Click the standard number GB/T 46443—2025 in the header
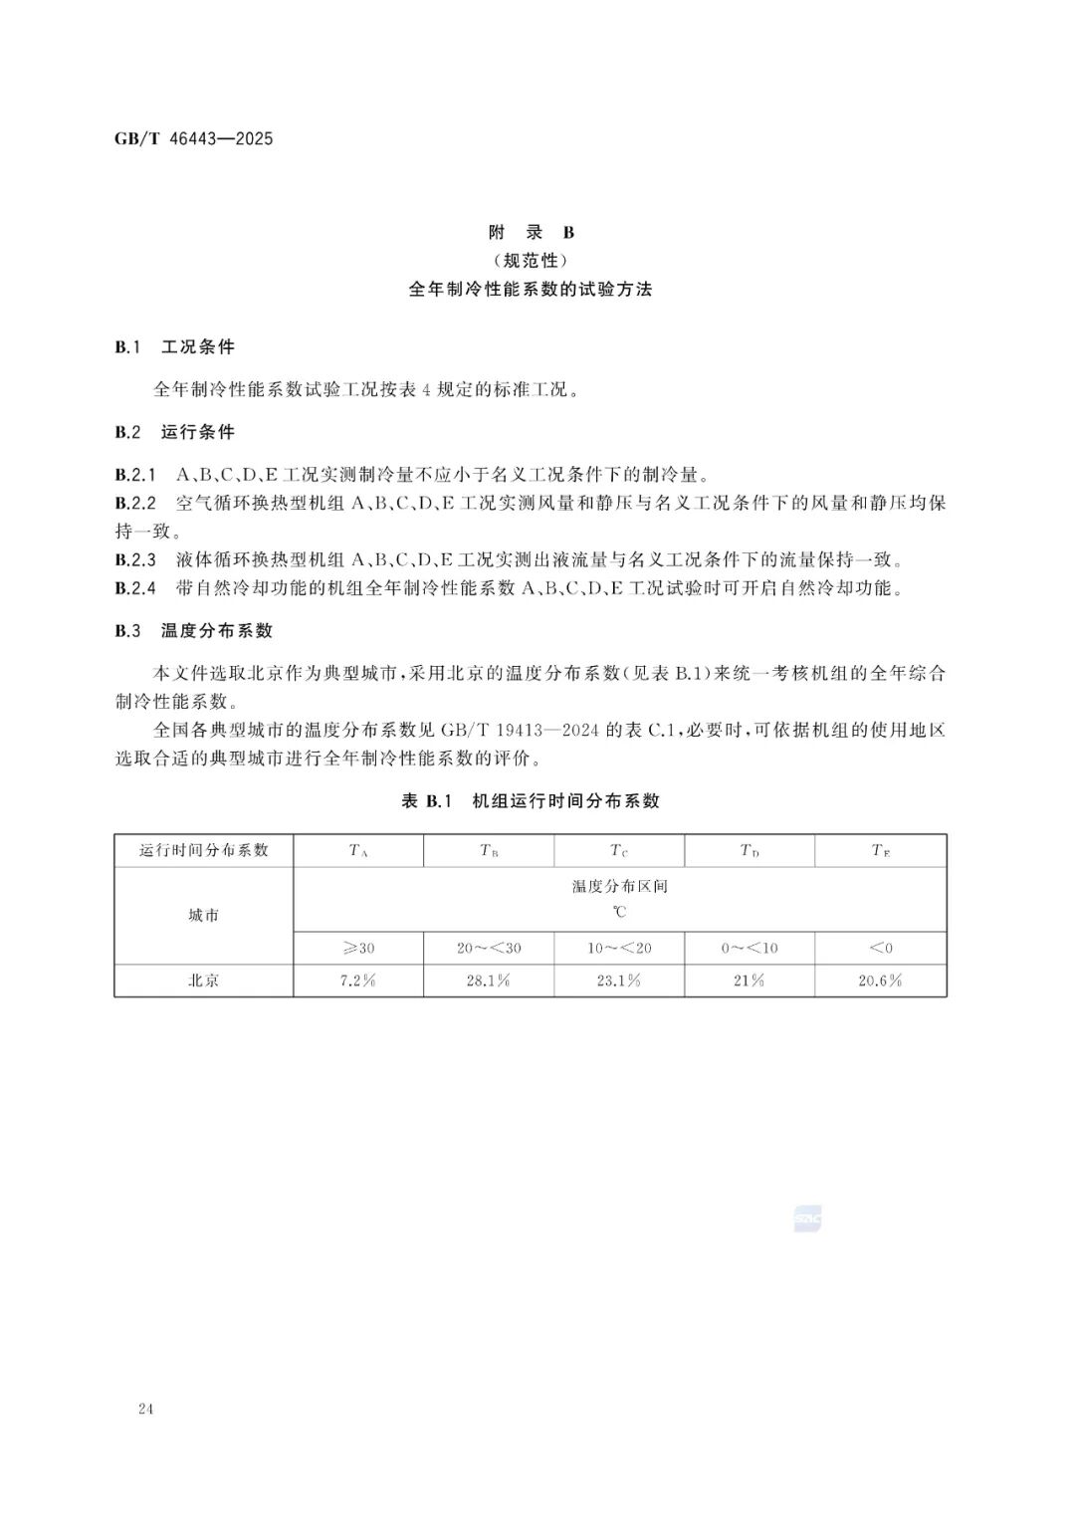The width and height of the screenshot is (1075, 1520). pos(193,138)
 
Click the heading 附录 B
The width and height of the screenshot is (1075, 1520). pos(531,233)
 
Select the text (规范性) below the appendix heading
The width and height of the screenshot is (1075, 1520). pos(531,261)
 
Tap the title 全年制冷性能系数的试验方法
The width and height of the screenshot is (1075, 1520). pos(531,290)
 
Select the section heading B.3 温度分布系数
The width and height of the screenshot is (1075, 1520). pos(193,631)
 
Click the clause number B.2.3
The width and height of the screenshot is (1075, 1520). pos(135,559)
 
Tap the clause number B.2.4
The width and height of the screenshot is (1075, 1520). pos(135,588)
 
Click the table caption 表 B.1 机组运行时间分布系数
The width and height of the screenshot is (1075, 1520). pos(531,801)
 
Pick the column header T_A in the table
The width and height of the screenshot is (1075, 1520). pos(358,851)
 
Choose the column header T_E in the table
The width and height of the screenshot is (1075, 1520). pos(880,851)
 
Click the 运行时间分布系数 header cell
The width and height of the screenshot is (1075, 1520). pos(204,850)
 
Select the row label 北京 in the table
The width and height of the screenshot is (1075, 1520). pos(204,980)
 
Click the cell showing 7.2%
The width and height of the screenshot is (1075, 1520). pos(358,980)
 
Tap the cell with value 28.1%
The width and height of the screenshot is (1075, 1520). pos(488,980)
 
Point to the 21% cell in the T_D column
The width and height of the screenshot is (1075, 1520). pos(749,980)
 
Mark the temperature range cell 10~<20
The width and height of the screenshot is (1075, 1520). pos(619,948)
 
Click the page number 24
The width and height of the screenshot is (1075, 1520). pos(146,1409)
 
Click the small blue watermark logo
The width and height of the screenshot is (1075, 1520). pos(807,1218)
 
